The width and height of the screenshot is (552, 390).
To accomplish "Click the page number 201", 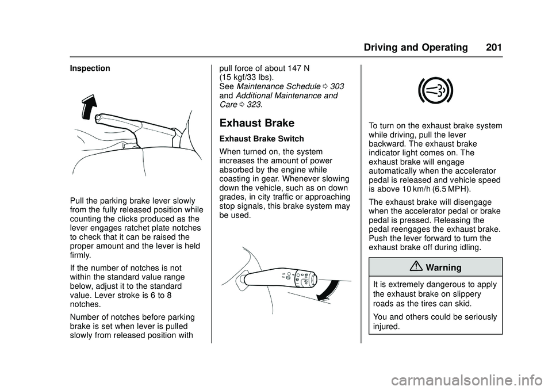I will click(x=493, y=47).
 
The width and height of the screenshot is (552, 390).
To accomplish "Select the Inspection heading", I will click(x=90, y=68).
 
